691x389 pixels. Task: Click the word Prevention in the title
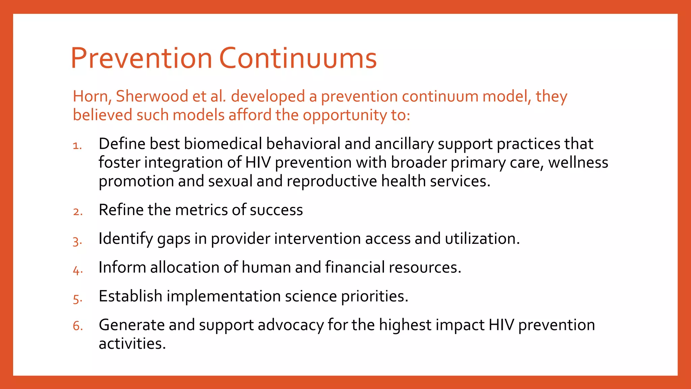(141, 58)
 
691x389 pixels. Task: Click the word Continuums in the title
(298, 58)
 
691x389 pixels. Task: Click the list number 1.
(77, 146)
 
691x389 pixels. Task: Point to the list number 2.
(77, 212)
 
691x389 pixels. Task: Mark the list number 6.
(77, 326)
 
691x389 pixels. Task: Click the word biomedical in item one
(223, 144)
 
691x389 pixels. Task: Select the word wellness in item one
(578, 163)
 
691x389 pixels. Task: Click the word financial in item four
(355, 267)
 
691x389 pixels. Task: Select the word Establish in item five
(130, 296)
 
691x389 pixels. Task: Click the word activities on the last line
(132, 344)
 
